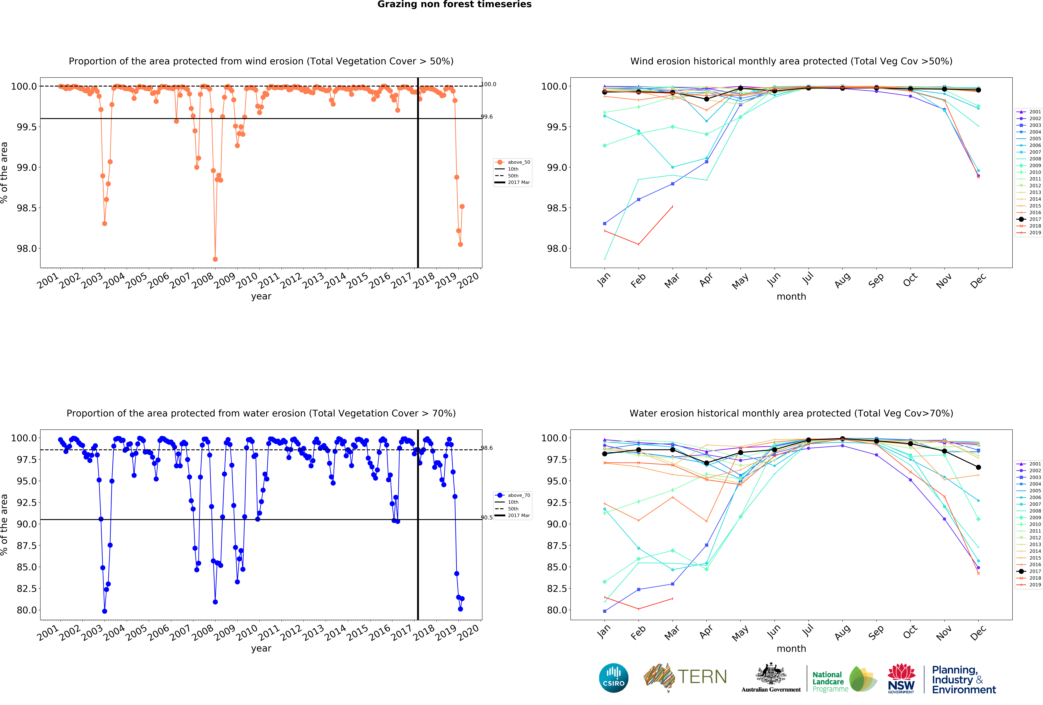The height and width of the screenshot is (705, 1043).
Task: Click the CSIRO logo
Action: point(613,678)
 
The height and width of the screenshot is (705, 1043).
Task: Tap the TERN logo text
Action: point(702,677)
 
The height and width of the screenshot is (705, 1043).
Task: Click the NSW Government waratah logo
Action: point(901,678)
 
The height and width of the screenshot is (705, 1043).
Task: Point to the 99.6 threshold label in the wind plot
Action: point(487,117)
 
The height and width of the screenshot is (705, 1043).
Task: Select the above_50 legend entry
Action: point(513,162)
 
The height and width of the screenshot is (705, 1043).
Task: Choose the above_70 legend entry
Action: point(513,495)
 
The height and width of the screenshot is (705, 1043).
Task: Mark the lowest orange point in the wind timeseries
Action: point(215,259)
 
